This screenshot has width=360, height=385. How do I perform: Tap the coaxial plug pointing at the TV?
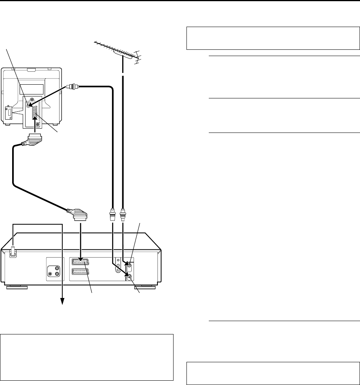72,85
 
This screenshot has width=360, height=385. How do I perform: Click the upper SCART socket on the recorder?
85,263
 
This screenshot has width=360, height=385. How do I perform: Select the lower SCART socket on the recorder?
85,272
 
